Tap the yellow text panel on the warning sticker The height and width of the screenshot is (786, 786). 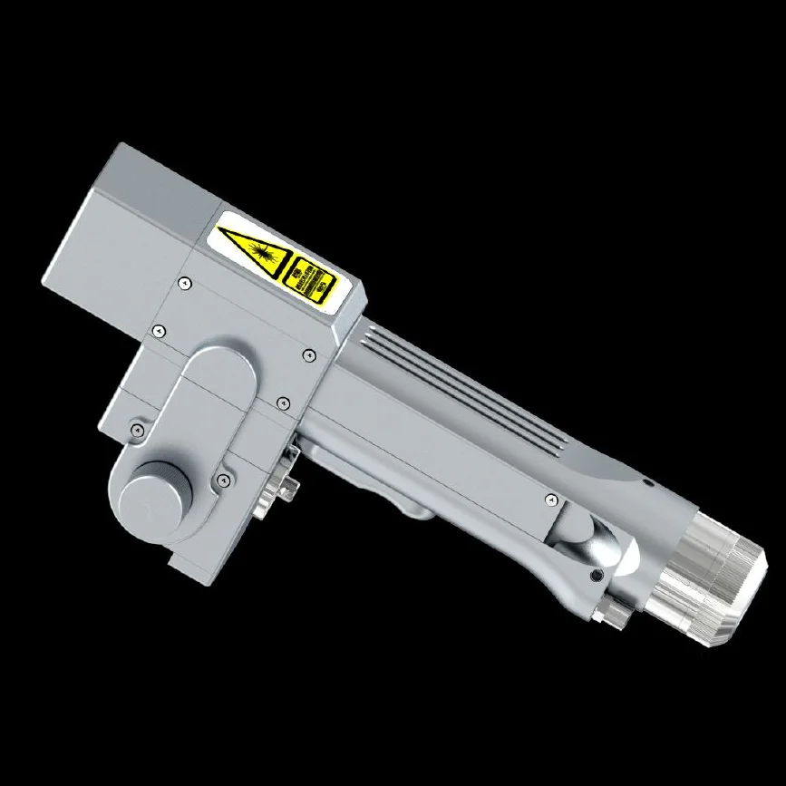click(x=311, y=280)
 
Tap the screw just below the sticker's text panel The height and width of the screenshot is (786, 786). click(x=308, y=354)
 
